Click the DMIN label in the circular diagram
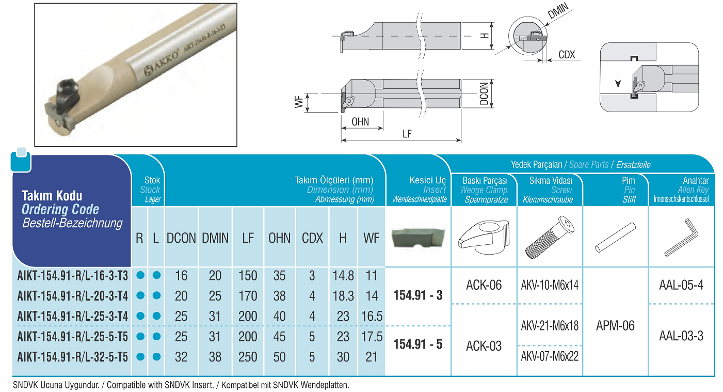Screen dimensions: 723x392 click(x=558, y=11)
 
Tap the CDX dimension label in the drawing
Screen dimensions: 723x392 click(x=567, y=55)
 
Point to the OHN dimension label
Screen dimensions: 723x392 click(x=360, y=122)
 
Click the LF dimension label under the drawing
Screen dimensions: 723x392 click(x=407, y=134)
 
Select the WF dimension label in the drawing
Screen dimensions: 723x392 click(x=299, y=102)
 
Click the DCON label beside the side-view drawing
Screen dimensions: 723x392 click(x=484, y=93)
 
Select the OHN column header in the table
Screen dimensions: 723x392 click(x=280, y=238)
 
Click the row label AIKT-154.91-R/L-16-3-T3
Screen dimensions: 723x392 click(x=73, y=276)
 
